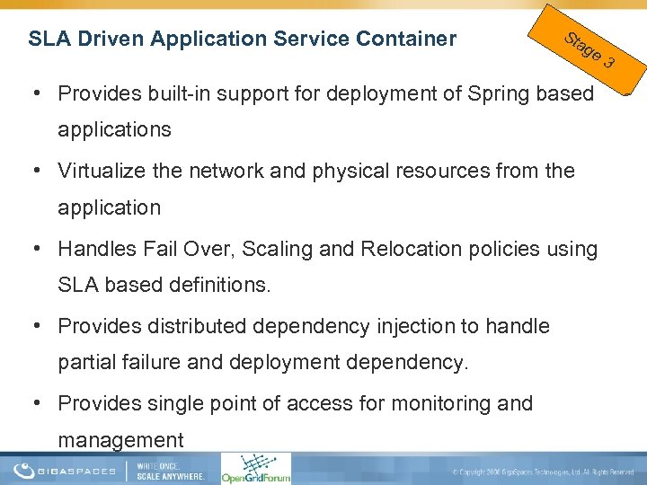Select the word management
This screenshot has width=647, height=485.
tap(120, 441)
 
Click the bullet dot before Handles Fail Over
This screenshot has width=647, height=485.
tap(42, 249)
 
